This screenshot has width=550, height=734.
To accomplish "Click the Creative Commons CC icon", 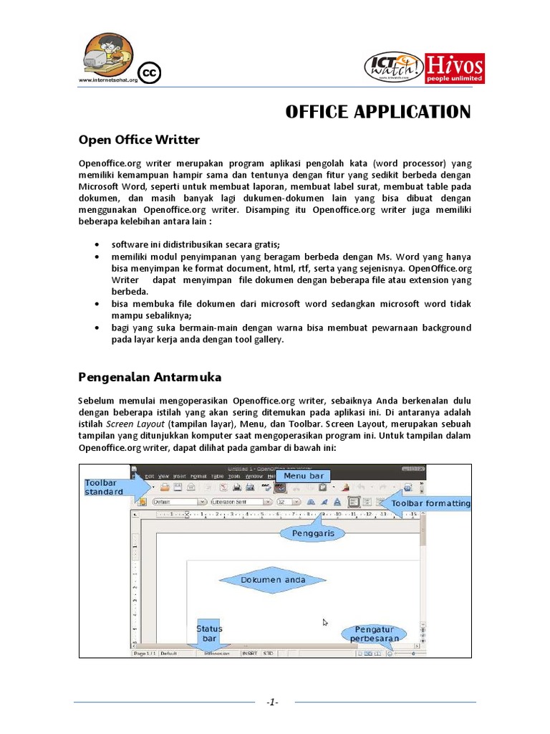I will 150,73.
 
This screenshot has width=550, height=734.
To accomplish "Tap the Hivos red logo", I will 454,69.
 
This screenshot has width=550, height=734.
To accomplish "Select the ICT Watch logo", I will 394,68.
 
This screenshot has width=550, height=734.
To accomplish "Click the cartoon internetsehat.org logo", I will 108,58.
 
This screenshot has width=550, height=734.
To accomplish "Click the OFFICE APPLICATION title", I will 378,112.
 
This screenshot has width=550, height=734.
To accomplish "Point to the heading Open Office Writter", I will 139,139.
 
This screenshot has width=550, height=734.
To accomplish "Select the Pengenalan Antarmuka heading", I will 150,377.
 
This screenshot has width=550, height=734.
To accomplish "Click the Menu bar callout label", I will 304,476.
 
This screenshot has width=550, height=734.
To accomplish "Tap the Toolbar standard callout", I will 105,487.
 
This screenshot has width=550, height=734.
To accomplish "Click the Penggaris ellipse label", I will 313,533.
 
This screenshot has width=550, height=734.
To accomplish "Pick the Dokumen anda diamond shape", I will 273,580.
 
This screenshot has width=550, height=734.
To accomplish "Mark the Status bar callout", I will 209,634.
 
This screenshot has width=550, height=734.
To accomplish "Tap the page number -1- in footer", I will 271,702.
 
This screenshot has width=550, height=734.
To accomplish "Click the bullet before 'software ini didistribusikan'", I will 97,244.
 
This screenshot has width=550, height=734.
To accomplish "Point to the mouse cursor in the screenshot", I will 325,623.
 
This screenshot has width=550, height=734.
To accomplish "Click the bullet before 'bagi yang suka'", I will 97,328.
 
